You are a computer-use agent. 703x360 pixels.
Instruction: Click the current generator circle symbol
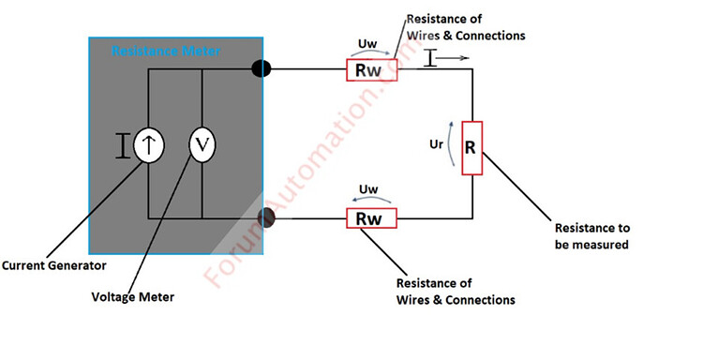click(148, 144)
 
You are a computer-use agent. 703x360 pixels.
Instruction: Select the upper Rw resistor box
click(372, 70)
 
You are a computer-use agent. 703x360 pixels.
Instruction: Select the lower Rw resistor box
click(372, 218)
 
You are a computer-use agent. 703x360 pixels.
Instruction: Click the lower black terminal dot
click(266, 218)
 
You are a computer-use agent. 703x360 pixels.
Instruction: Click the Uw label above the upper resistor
click(368, 42)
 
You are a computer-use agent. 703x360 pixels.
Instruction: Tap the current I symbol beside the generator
click(121, 145)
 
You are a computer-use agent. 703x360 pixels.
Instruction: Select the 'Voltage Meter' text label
click(132, 297)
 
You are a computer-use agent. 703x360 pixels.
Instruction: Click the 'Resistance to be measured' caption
click(591, 237)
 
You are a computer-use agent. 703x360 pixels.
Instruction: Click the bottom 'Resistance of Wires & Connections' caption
click(456, 291)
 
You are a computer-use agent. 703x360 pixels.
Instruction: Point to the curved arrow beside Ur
click(456, 146)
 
